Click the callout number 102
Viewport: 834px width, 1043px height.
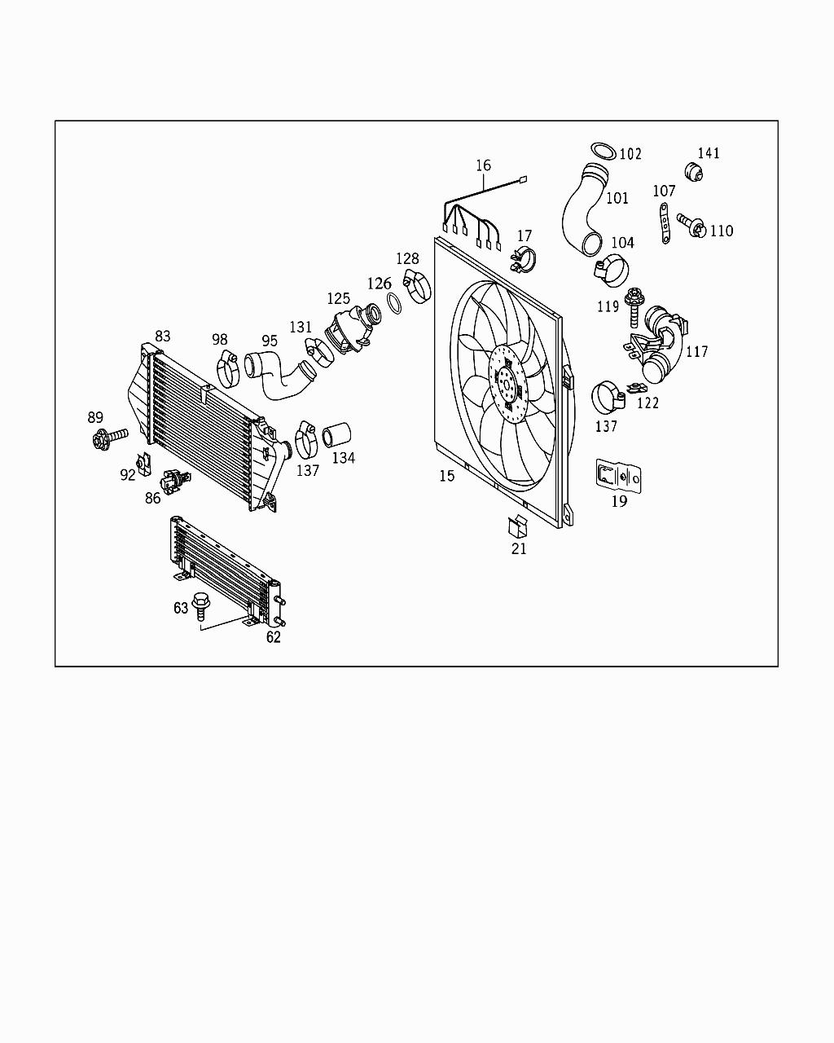[x=630, y=154]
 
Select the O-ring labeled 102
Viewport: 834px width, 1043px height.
[x=602, y=151]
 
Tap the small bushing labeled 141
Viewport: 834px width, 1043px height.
[x=695, y=172]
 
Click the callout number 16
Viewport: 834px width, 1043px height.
[x=483, y=165]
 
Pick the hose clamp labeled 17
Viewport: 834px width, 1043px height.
[x=522, y=260]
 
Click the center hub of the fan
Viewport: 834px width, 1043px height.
[x=507, y=381]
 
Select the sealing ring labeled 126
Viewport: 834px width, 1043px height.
[x=392, y=303]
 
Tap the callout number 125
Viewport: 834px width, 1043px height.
[x=339, y=299]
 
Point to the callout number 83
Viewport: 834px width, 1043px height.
[x=163, y=336]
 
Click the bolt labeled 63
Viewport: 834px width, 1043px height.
[x=200, y=605]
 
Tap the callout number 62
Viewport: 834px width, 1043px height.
[x=273, y=637]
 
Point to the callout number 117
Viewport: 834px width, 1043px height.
[x=696, y=352]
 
